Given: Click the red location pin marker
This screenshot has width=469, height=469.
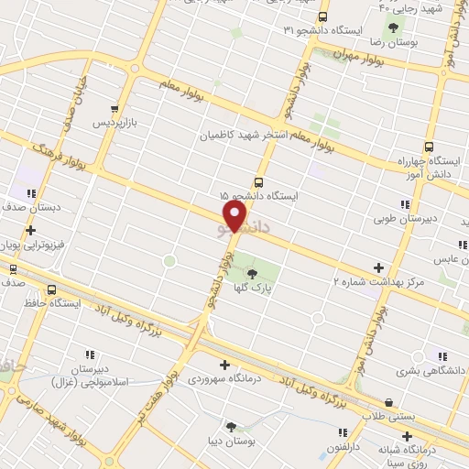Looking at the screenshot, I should pyautogui.click(x=235, y=216).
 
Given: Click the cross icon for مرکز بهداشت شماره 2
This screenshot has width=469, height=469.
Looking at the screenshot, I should pyautogui.click(x=379, y=267).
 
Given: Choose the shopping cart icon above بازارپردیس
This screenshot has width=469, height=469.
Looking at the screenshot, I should pyautogui.click(x=113, y=107).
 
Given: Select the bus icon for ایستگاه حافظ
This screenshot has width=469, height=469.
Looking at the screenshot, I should pyautogui.click(x=50, y=288).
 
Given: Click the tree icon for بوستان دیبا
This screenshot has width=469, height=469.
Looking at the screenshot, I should pyautogui.click(x=229, y=426).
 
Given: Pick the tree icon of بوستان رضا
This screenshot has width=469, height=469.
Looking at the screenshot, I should pyautogui.click(x=394, y=27).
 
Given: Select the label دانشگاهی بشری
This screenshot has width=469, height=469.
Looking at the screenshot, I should pyautogui.click(x=432, y=372).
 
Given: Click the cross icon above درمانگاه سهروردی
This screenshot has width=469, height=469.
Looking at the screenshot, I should pyautogui.click(x=224, y=365).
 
